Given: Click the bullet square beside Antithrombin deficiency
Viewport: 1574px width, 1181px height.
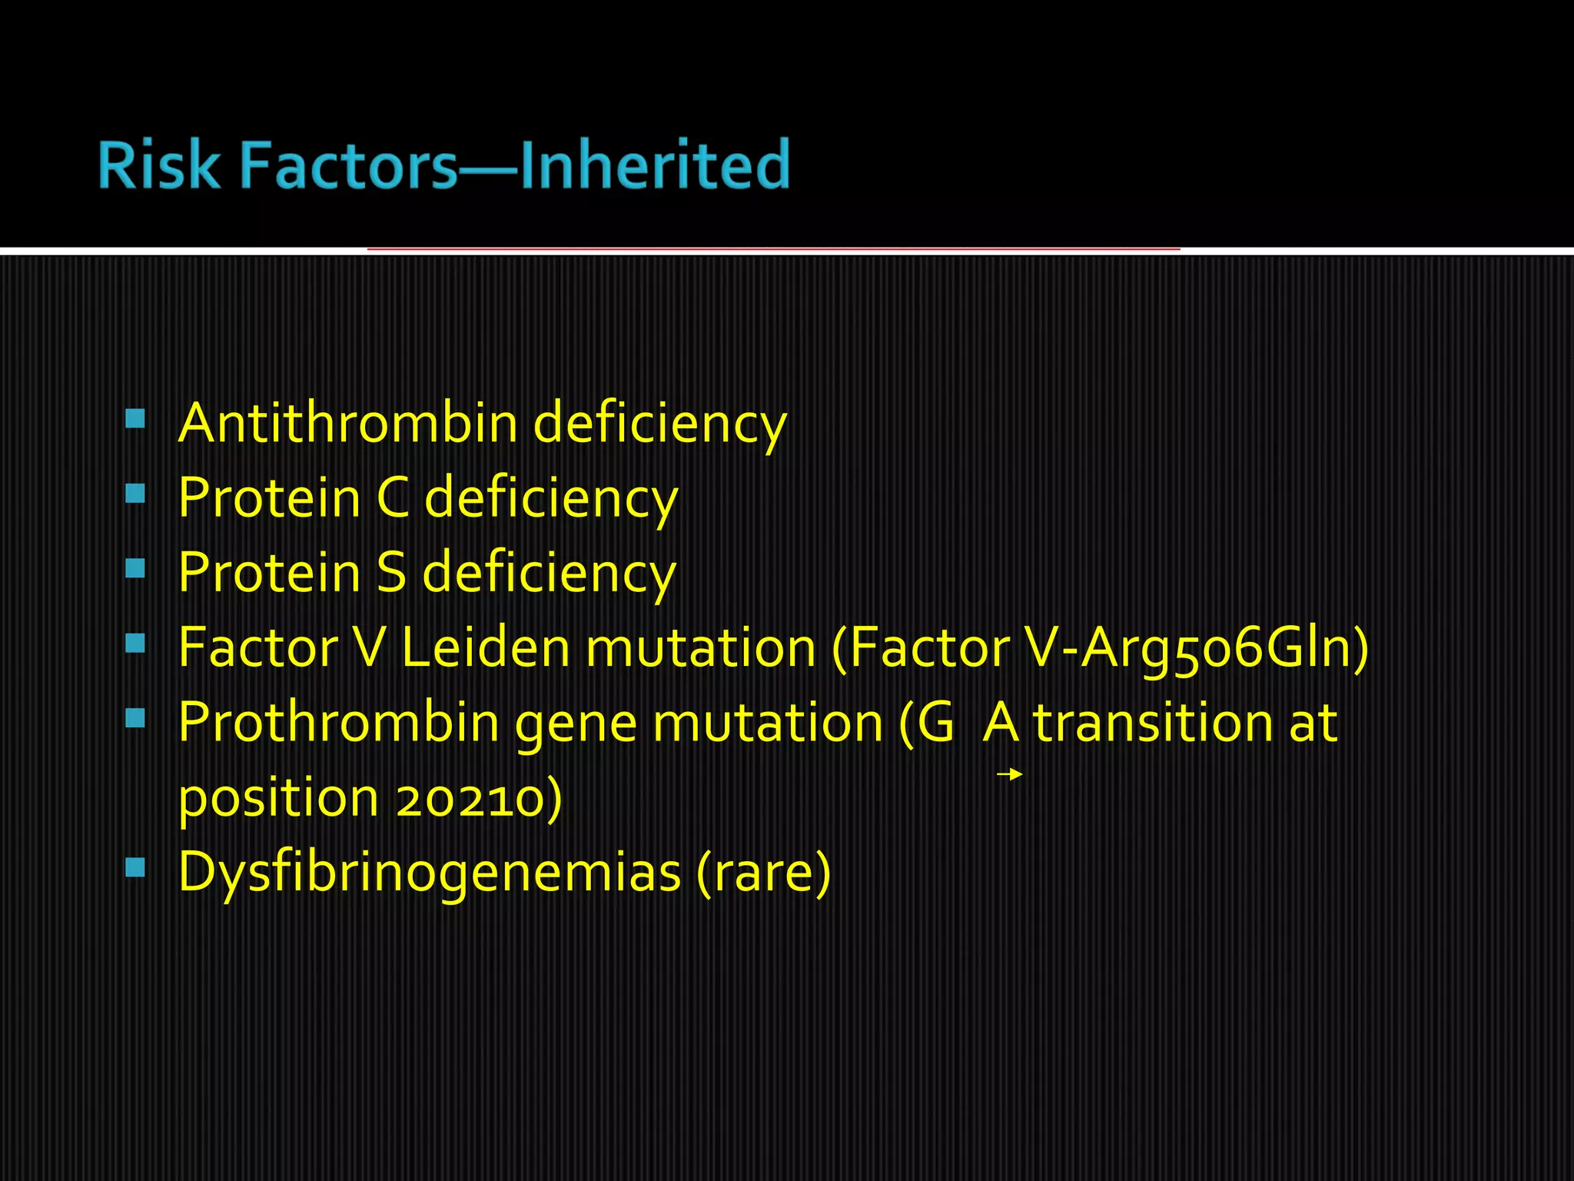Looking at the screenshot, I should [135, 418].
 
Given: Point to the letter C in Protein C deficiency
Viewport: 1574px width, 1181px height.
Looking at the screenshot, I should [393, 497].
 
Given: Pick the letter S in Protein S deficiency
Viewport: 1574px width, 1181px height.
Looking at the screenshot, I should [391, 573].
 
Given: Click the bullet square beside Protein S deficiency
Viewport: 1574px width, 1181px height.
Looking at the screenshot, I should [135, 568].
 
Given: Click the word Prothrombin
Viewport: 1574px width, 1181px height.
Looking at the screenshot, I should [338, 723].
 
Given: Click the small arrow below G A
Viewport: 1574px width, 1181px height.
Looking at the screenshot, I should [1009, 774].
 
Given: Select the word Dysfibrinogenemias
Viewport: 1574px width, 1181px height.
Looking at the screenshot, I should [430, 873].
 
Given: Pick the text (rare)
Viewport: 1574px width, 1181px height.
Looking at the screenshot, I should [763, 873].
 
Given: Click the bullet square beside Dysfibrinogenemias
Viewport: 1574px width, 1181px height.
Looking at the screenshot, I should [135, 868].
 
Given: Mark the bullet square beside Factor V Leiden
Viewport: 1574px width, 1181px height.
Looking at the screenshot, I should [135, 643].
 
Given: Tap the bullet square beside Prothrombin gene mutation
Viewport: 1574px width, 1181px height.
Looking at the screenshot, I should [135, 718].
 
